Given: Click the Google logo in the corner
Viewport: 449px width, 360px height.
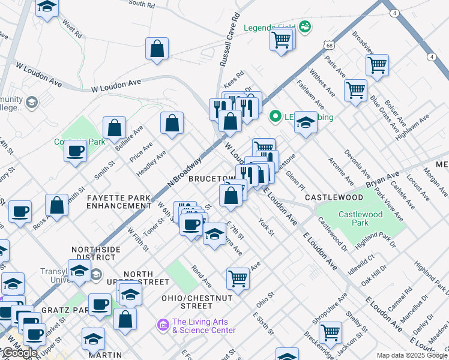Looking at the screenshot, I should pyautogui.click(x=19, y=352).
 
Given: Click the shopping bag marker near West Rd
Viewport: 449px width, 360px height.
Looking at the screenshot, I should pyautogui.click(x=157, y=50).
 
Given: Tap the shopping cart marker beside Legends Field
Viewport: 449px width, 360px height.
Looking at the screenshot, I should pyautogui.click(x=282, y=41).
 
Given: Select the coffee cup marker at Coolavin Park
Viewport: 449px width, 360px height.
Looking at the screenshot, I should pyautogui.click(x=76, y=151).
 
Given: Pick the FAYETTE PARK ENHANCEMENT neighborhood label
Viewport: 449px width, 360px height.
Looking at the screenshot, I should pyautogui.click(x=119, y=201).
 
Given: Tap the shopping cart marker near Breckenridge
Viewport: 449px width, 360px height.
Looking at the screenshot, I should pyautogui.click(x=330, y=332).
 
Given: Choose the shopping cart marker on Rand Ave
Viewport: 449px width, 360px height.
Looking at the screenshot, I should pyautogui.click(x=238, y=278).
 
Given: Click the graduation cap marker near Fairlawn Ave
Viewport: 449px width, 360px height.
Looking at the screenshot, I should pyautogui.click(x=306, y=124).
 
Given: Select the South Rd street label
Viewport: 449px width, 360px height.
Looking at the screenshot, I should pyautogui.click(x=142, y=4).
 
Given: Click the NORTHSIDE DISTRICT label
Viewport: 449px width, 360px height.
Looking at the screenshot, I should pyautogui.click(x=96, y=253).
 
